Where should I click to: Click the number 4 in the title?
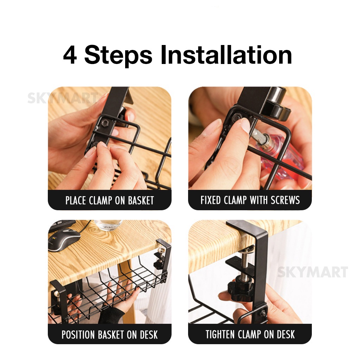(x=70, y=56)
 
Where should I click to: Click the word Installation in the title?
(x=226, y=56)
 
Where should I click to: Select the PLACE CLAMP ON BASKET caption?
(x=110, y=200)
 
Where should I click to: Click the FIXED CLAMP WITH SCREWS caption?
(x=250, y=200)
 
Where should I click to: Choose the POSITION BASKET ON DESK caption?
(x=110, y=334)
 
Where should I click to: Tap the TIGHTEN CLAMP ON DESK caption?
(x=250, y=334)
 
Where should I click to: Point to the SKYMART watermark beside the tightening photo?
(x=312, y=272)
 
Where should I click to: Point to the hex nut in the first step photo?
(x=104, y=123)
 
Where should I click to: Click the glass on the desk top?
(x=108, y=225)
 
